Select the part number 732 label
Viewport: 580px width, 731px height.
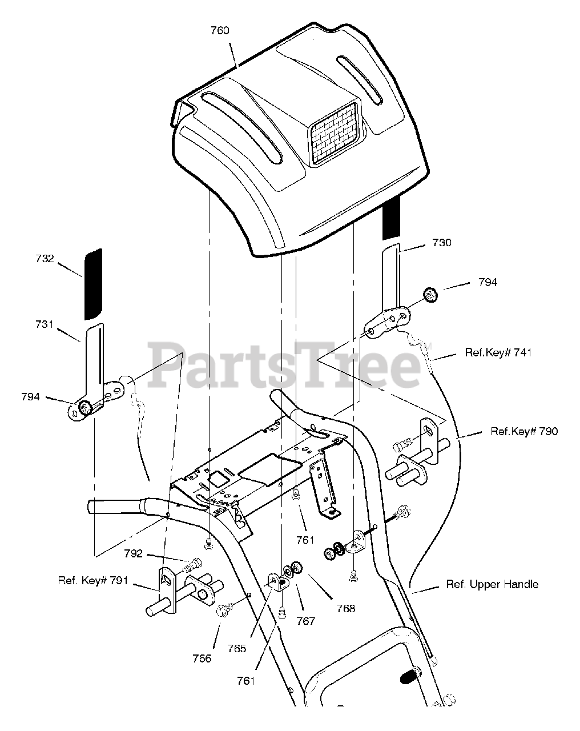[44, 259]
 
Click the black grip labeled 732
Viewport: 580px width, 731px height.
[92, 284]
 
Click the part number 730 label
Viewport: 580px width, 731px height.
[442, 243]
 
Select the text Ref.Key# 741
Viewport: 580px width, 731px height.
[498, 352]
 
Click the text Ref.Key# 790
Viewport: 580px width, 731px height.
[524, 431]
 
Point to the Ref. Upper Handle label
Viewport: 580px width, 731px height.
[492, 584]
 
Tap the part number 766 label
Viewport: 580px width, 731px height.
[202, 658]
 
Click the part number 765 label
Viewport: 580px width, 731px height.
[236, 648]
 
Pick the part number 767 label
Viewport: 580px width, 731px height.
[305, 621]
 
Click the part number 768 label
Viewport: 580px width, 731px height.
[345, 608]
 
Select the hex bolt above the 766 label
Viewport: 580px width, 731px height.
[223, 612]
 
